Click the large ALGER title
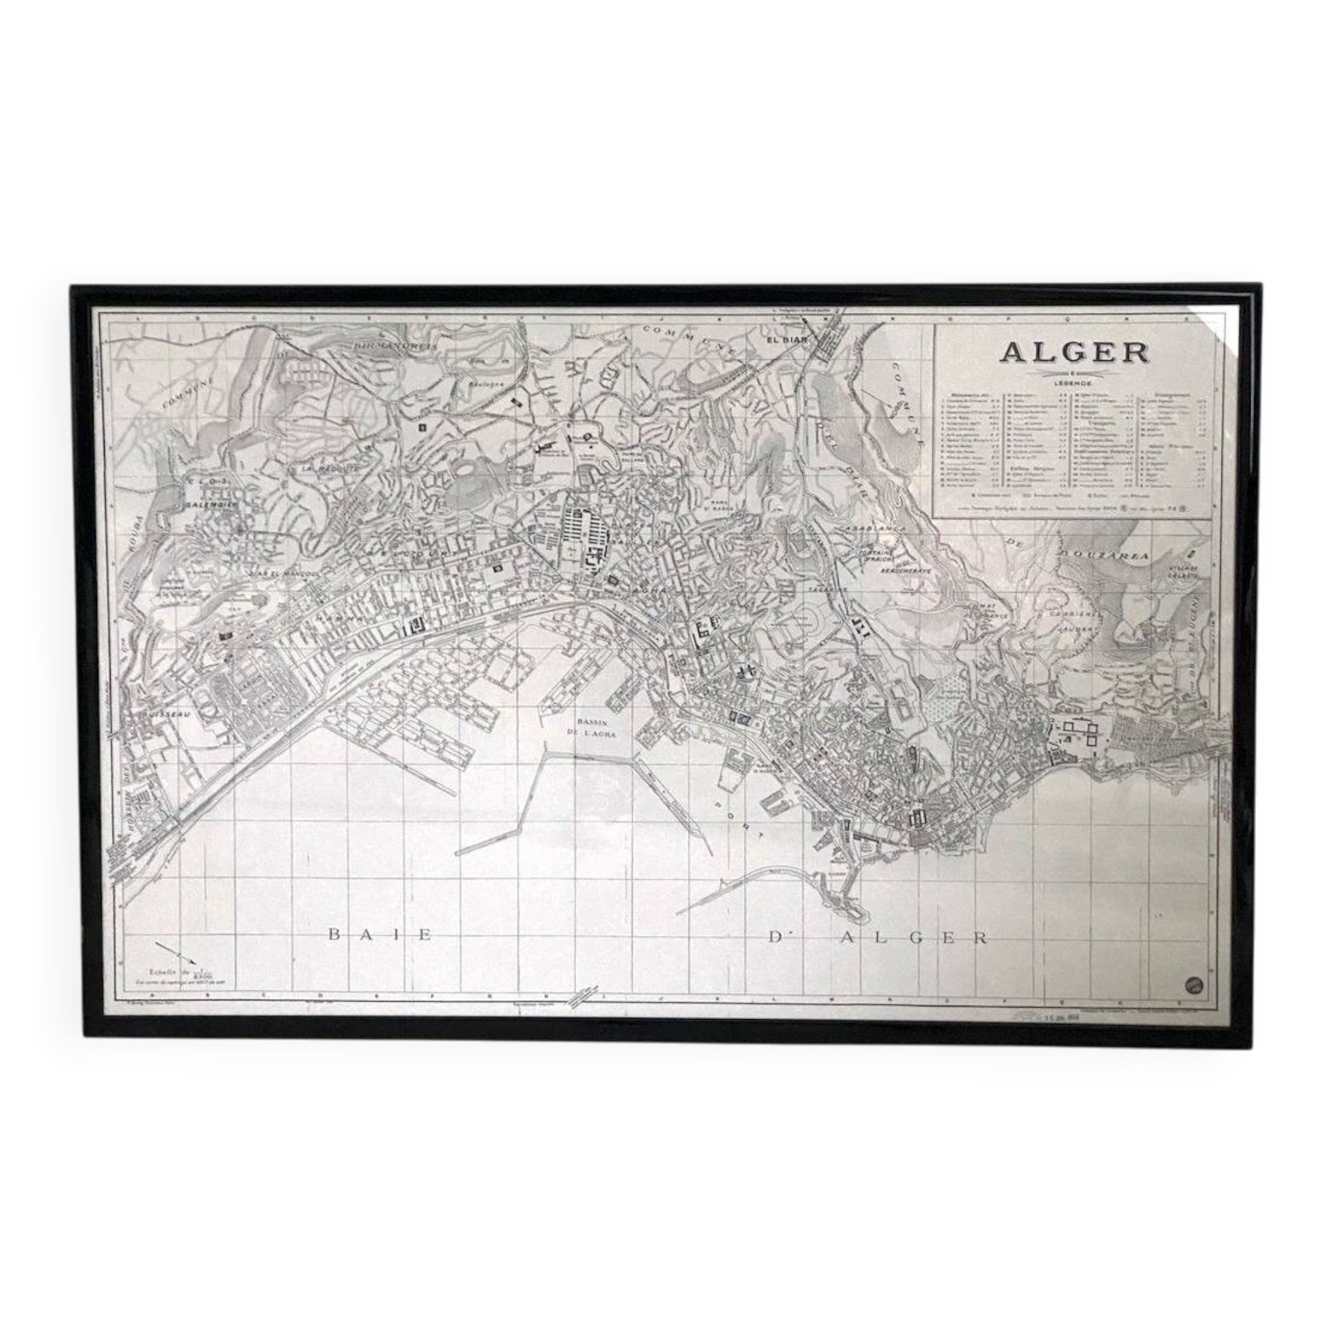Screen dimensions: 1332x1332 click(x=1074, y=352)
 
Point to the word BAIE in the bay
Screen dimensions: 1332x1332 click(x=380, y=934)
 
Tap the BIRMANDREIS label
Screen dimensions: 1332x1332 click(x=395, y=345)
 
